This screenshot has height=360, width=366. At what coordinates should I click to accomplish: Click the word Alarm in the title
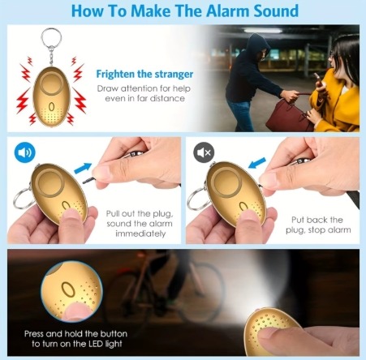pos(228,11)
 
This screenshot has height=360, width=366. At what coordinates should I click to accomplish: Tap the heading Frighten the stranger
pos(144,75)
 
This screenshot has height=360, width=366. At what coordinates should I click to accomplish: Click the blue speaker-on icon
pos(24,152)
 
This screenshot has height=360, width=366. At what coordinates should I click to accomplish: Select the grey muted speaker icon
pos(204,152)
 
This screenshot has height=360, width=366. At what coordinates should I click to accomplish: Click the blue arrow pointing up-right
pos(83,168)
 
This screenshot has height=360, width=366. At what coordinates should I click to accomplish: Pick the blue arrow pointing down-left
pos(257,163)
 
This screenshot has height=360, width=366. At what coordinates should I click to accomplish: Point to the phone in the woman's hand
pos(319,79)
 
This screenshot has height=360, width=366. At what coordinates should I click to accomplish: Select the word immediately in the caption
pos(140,234)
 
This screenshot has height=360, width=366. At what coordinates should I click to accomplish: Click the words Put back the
pos(317,220)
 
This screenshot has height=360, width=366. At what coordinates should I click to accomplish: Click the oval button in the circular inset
pos(68,289)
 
